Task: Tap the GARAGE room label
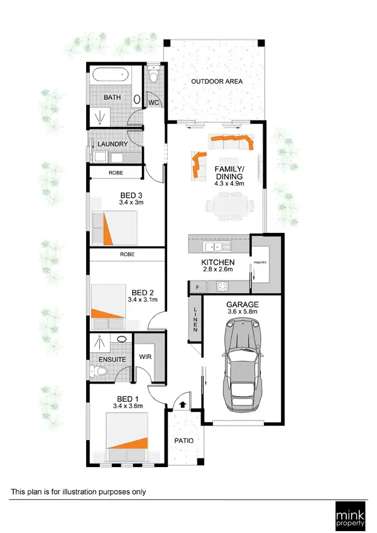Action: click(x=242, y=304)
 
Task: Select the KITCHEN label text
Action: click(x=218, y=262)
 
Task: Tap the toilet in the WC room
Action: click(x=154, y=77)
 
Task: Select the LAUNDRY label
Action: click(x=113, y=144)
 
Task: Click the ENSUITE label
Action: click(x=104, y=360)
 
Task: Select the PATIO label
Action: click(x=183, y=440)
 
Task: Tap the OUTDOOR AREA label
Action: click(x=217, y=82)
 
